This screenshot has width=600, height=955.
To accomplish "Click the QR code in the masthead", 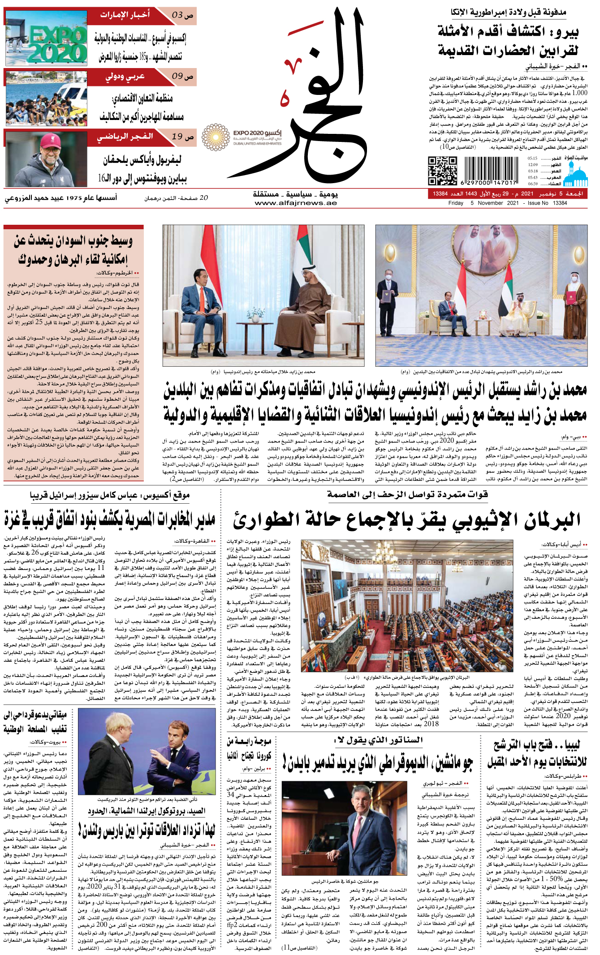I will coord(442,171).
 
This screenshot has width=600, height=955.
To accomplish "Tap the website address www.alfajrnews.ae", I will coord(295,203).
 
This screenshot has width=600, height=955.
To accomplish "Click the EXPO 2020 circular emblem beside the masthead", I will coord(216,137).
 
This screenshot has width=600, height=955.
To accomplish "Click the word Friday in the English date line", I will coord(456,203).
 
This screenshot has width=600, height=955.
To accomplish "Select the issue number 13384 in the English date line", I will coord(560,203).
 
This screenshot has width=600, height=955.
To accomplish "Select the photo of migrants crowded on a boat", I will coord(46,98).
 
